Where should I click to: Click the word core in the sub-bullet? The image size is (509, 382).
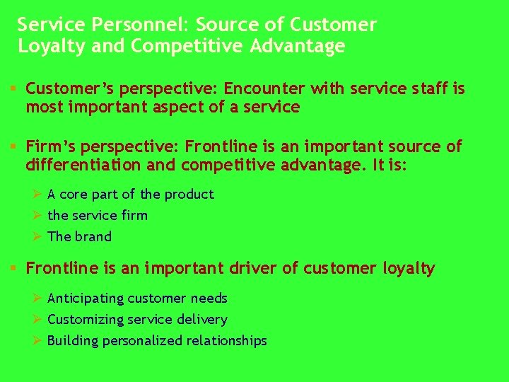(74, 195)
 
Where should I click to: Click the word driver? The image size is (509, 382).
(253, 269)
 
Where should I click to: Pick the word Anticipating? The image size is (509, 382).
(86, 299)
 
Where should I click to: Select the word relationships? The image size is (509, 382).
(226, 342)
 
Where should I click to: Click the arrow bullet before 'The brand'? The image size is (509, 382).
(39, 237)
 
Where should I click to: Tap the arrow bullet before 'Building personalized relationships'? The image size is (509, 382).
(39, 341)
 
